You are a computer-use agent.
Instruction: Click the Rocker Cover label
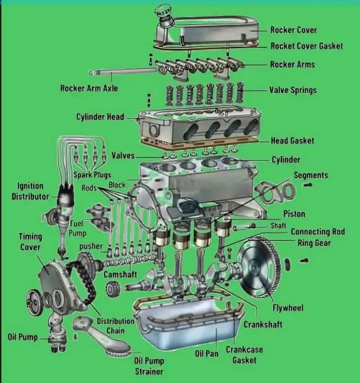pos(293,30)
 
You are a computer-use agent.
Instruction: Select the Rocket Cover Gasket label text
pos(307,46)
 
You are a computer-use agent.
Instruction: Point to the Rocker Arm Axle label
pos(89,88)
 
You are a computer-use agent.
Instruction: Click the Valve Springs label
pos(293,90)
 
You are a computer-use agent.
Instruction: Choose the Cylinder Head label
pos(100,117)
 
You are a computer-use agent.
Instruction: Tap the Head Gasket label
pos(292,140)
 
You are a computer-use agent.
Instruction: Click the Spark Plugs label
pos(92,174)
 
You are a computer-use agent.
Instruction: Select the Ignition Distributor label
pos(30,191)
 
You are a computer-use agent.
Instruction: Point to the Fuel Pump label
pos(78,227)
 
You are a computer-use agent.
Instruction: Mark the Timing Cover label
pos(30,242)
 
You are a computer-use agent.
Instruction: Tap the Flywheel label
pos(288,308)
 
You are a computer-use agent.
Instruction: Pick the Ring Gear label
pos(314,243)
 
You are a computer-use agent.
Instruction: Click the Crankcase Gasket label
pos(244,355)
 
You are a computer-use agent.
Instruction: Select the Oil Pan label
pos(207,353)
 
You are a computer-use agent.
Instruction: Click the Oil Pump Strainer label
pos(149,366)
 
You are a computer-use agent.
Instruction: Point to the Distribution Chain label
pos(115,325)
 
